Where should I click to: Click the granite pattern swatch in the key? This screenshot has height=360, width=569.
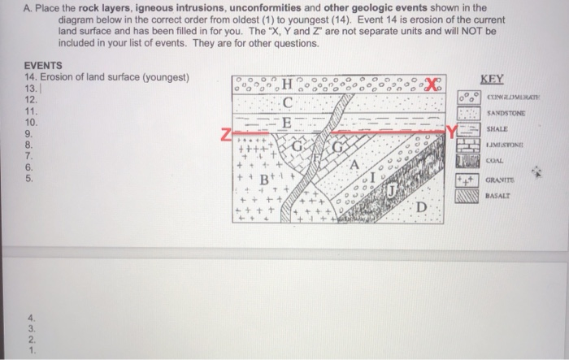(467, 178)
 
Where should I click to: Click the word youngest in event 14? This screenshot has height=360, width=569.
(163, 77)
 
